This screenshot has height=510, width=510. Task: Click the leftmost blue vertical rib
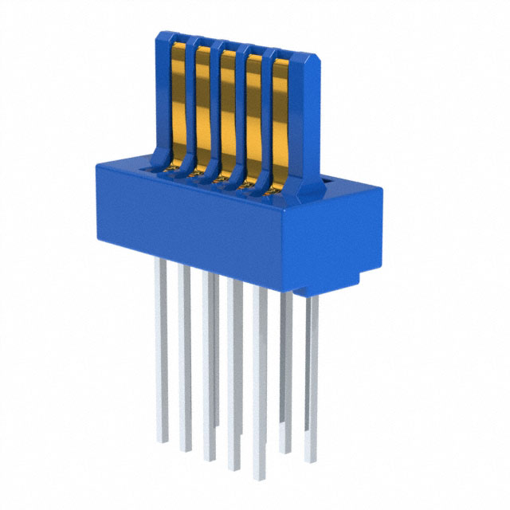click(x=162, y=96)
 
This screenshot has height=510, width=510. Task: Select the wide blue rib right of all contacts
click(x=306, y=120)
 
